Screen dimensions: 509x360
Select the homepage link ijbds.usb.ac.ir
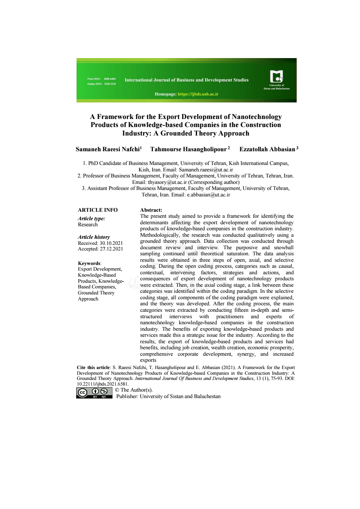[198, 94]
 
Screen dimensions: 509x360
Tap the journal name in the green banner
[187, 80]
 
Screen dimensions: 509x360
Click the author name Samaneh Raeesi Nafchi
[108, 149]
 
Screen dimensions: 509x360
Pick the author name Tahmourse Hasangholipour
[189, 149]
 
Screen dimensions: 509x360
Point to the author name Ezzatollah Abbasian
[267, 149]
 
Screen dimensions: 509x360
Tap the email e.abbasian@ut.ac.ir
[208, 195]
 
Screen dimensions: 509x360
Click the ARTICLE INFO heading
[98, 210]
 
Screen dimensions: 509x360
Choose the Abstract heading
[151, 210]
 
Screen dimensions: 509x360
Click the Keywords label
[89, 263]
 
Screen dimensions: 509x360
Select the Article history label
[94, 237]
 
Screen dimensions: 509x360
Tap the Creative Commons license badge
[94, 393]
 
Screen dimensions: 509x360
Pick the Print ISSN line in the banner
[102, 79]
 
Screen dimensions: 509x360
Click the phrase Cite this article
[93, 367]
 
